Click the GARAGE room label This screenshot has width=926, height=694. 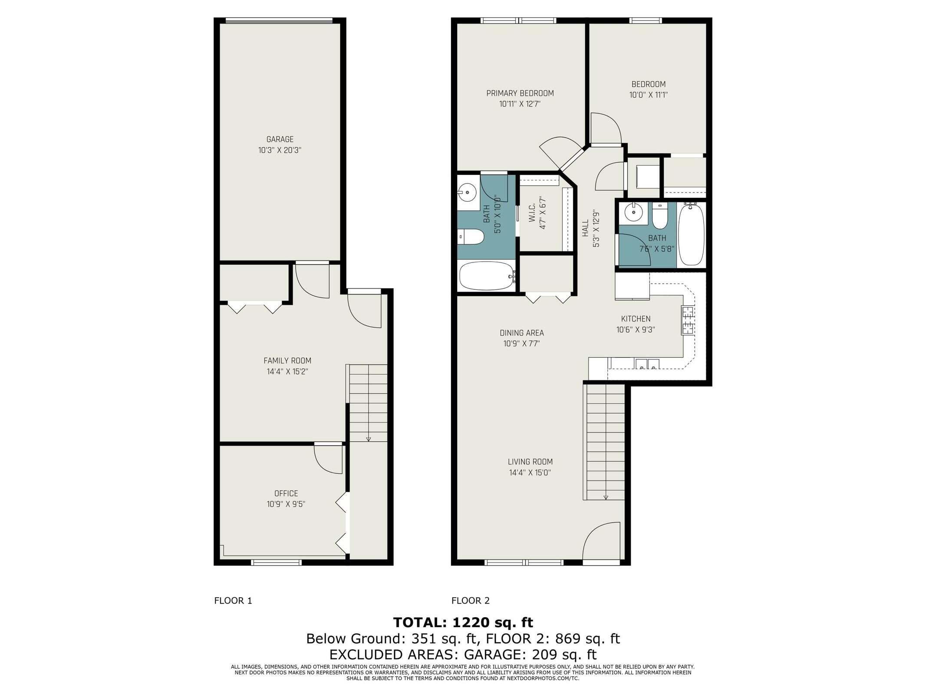pyautogui.click(x=280, y=139)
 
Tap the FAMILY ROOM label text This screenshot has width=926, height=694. pyautogui.click(x=287, y=360)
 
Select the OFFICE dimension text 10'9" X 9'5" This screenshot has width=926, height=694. pyautogui.click(x=286, y=504)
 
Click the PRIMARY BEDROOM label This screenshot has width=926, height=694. pyautogui.click(x=520, y=93)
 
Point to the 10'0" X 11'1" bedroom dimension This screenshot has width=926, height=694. pyautogui.click(x=648, y=95)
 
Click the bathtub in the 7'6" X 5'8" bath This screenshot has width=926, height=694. pyautogui.click(x=691, y=235)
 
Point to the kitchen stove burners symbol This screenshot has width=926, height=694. pyautogui.click(x=688, y=320)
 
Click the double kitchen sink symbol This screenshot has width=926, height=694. pyautogui.click(x=647, y=364)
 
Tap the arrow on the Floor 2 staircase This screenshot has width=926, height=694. pyautogui.click(x=606, y=497)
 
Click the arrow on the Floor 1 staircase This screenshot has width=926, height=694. pyautogui.click(x=368, y=439)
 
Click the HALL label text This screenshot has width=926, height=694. pyautogui.click(x=585, y=228)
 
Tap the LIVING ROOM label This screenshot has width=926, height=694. pyautogui.click(x=530, y=462)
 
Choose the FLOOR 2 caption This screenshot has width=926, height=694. pyautogui.click(x=470, y=601)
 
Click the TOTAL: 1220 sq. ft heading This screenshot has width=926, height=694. pyautogui.click(x=463, y=622)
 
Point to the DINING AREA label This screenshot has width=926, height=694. pyautogui.click(x=521, y=333)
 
